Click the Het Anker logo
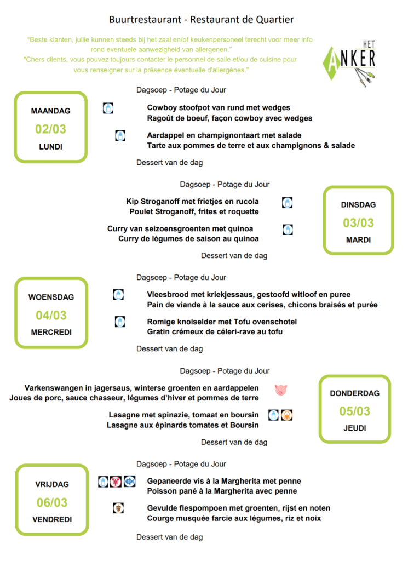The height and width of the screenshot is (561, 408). click(349, 61)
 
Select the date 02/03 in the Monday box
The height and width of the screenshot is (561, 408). click(51, 130)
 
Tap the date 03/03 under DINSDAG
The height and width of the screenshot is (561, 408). click(358, 223)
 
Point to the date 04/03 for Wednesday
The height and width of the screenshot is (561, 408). click(51, 316)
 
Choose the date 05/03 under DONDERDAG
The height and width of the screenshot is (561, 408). click(354, 411)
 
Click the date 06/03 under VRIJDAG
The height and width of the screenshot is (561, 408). click(51, 502)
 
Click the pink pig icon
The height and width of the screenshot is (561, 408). click(281, 390)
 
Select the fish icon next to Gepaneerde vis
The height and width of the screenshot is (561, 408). click(129, 481)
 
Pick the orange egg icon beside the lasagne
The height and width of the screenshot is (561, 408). click(287, 415)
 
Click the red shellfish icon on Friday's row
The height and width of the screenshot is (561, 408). click(116, 481)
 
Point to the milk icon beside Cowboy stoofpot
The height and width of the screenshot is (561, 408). click(108, 108)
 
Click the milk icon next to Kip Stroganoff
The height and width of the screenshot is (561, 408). click(287, 203)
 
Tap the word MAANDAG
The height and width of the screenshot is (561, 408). click(51, 111)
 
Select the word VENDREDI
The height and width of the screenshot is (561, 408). click(51, 519)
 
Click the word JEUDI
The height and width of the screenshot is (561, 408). click(355, 428)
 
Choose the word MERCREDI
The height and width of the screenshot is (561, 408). click(51, 332)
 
